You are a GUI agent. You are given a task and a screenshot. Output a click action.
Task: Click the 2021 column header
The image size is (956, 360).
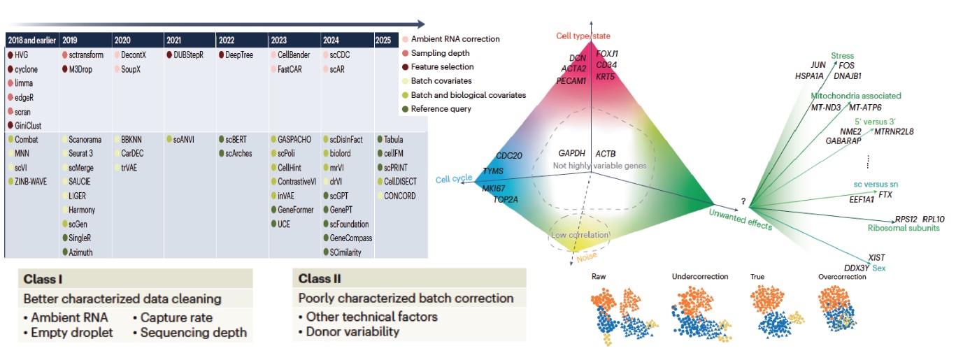(175, 40)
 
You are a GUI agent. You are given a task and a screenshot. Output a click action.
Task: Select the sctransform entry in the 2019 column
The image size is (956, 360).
(83, 55)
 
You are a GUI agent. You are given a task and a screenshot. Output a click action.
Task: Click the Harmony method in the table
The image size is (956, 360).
(82, 210)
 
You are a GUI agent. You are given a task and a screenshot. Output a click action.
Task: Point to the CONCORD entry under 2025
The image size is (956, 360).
(400, 196)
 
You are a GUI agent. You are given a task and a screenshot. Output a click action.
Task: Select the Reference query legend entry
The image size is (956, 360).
(441, 108)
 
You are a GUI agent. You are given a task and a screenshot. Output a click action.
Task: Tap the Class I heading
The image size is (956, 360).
(43, 279)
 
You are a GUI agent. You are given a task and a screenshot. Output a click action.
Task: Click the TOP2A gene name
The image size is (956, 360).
(506, 199)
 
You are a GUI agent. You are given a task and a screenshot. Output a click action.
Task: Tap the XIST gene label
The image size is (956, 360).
(876, 257)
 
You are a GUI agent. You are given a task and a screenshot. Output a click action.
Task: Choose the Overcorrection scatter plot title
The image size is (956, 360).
(842, 276)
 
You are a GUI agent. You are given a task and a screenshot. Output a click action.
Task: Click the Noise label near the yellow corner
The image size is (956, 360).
(566, 256)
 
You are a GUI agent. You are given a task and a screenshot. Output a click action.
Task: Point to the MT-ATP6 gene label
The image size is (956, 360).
(865, 108)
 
